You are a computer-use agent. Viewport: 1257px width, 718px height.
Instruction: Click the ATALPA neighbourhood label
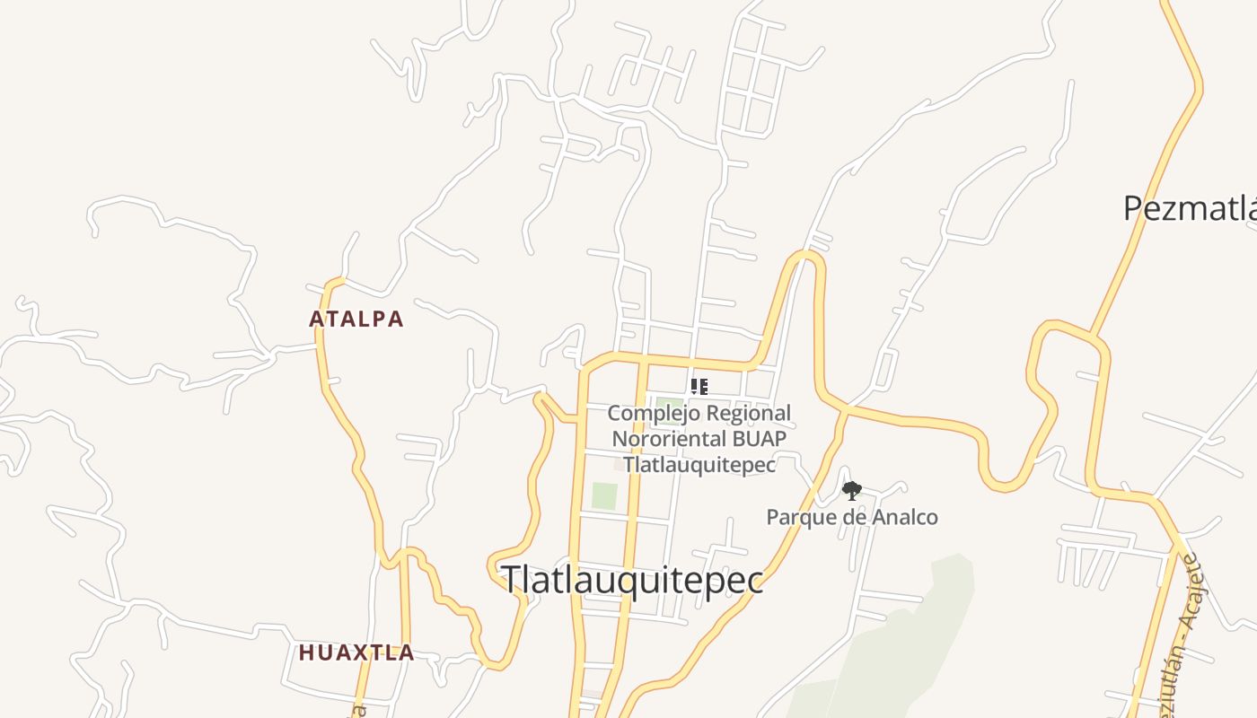coord(356,319)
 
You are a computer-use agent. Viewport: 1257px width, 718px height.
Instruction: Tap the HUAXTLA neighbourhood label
coord(356,652)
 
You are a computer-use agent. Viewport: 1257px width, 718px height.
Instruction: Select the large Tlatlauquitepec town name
coord(632,580)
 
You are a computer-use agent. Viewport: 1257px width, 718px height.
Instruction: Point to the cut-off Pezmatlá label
coord(1190,208)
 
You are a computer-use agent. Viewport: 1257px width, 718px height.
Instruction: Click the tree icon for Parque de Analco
coord(851,490)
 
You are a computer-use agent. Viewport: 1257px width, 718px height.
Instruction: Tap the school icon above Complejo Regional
coord(699,387)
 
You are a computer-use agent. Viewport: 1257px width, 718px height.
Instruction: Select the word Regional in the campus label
coord(748,414)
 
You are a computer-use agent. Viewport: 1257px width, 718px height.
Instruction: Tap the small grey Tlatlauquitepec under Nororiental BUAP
coord(699,465)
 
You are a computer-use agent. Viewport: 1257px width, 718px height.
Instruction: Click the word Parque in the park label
coord(796,517)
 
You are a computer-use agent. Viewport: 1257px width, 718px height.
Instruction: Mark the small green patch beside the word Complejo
coord(668,404)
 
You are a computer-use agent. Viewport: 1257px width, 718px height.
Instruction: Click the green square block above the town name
coord(604,496)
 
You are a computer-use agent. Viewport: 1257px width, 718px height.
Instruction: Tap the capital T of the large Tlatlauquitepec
coord(512,580)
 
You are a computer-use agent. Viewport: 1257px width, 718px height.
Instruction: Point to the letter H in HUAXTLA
coord(305,652)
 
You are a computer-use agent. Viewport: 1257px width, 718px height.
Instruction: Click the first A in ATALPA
coord(316,319)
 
